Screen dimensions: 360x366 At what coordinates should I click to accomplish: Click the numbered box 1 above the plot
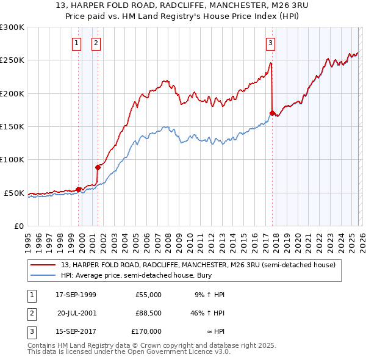pyautogui.click(x=76, y=43)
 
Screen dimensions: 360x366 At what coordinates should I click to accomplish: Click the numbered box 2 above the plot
pyautogui.click(x=96, y=43)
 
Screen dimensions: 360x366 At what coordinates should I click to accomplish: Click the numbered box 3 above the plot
pyautogui.click(x=270, y=43)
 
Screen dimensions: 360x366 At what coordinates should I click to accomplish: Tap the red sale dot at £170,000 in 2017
pyautogui.click(x=272, y=113)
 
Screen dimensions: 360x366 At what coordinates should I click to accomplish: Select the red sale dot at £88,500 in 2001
pyautogui.click(x=98, y=167)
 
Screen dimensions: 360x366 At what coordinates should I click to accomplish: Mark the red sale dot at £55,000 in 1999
pyautogui.click(x=78, y=189)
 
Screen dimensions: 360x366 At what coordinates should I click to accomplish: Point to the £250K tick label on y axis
pyautogui.click(x=12, y=60)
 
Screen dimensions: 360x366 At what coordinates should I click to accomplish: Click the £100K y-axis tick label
pyautogui.click(x=12, y=160)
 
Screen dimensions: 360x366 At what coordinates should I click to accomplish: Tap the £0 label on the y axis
pyautogui.click(x=18, y=226)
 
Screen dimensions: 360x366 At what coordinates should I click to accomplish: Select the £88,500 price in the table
pyautogui.click(x=148, y=313)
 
